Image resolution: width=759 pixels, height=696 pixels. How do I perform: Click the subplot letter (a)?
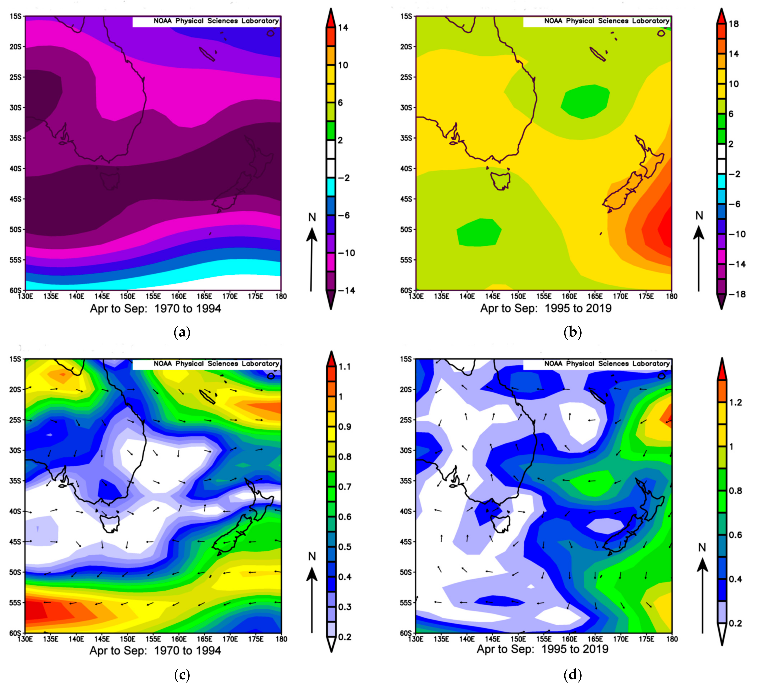(x=182, y=332)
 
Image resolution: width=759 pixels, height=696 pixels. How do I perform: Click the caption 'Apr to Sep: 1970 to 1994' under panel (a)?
(x=155, y=309)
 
